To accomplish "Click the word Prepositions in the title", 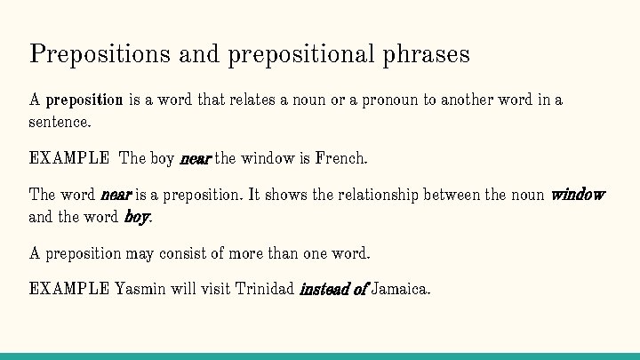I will [x=100, y=54].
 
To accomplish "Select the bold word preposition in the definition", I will [x=84, y=100].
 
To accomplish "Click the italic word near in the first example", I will [x=195, y=159].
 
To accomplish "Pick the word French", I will [x=340, y=159].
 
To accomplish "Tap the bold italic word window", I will [x=578, y=195].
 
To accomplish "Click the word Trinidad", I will [x=264, y=289].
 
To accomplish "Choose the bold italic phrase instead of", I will [x=333, y=289].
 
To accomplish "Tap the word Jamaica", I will [x=401, y=289].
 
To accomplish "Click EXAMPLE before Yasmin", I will [x=69, y=289].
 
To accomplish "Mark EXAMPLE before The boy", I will [x=69, y=159].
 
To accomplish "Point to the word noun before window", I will [x=527, y=195].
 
